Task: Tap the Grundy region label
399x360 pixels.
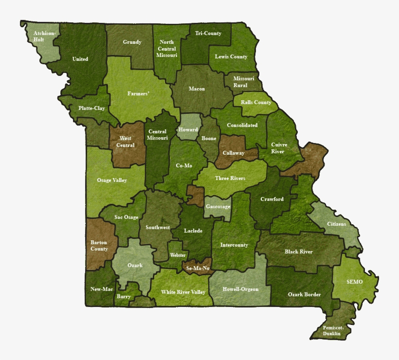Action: tap(132, 42)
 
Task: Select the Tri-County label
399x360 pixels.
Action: tap(208, 34)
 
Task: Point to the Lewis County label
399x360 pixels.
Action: tap(231, 57)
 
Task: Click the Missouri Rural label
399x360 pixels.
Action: tap(243, 82)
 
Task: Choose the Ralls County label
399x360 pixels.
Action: tap(256, 103)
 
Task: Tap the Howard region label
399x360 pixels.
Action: tap(188, 130)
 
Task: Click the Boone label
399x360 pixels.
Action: tap(209, 139)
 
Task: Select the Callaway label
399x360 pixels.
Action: tap(234, 153)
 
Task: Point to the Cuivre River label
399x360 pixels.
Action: tap(279, 148)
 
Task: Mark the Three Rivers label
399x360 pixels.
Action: tap(230, 179)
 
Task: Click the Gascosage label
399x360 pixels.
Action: tap(217, 207)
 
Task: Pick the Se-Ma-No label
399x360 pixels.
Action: tap(198, 268)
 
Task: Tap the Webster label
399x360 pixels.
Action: tap(178, 255)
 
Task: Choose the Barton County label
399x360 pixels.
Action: tap(99, 245)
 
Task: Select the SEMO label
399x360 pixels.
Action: tap(354, 282)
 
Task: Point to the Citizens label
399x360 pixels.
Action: tap(336, 224)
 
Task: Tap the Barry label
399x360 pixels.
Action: tap(124, 296)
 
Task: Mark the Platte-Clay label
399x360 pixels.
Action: tap(91, 108)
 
